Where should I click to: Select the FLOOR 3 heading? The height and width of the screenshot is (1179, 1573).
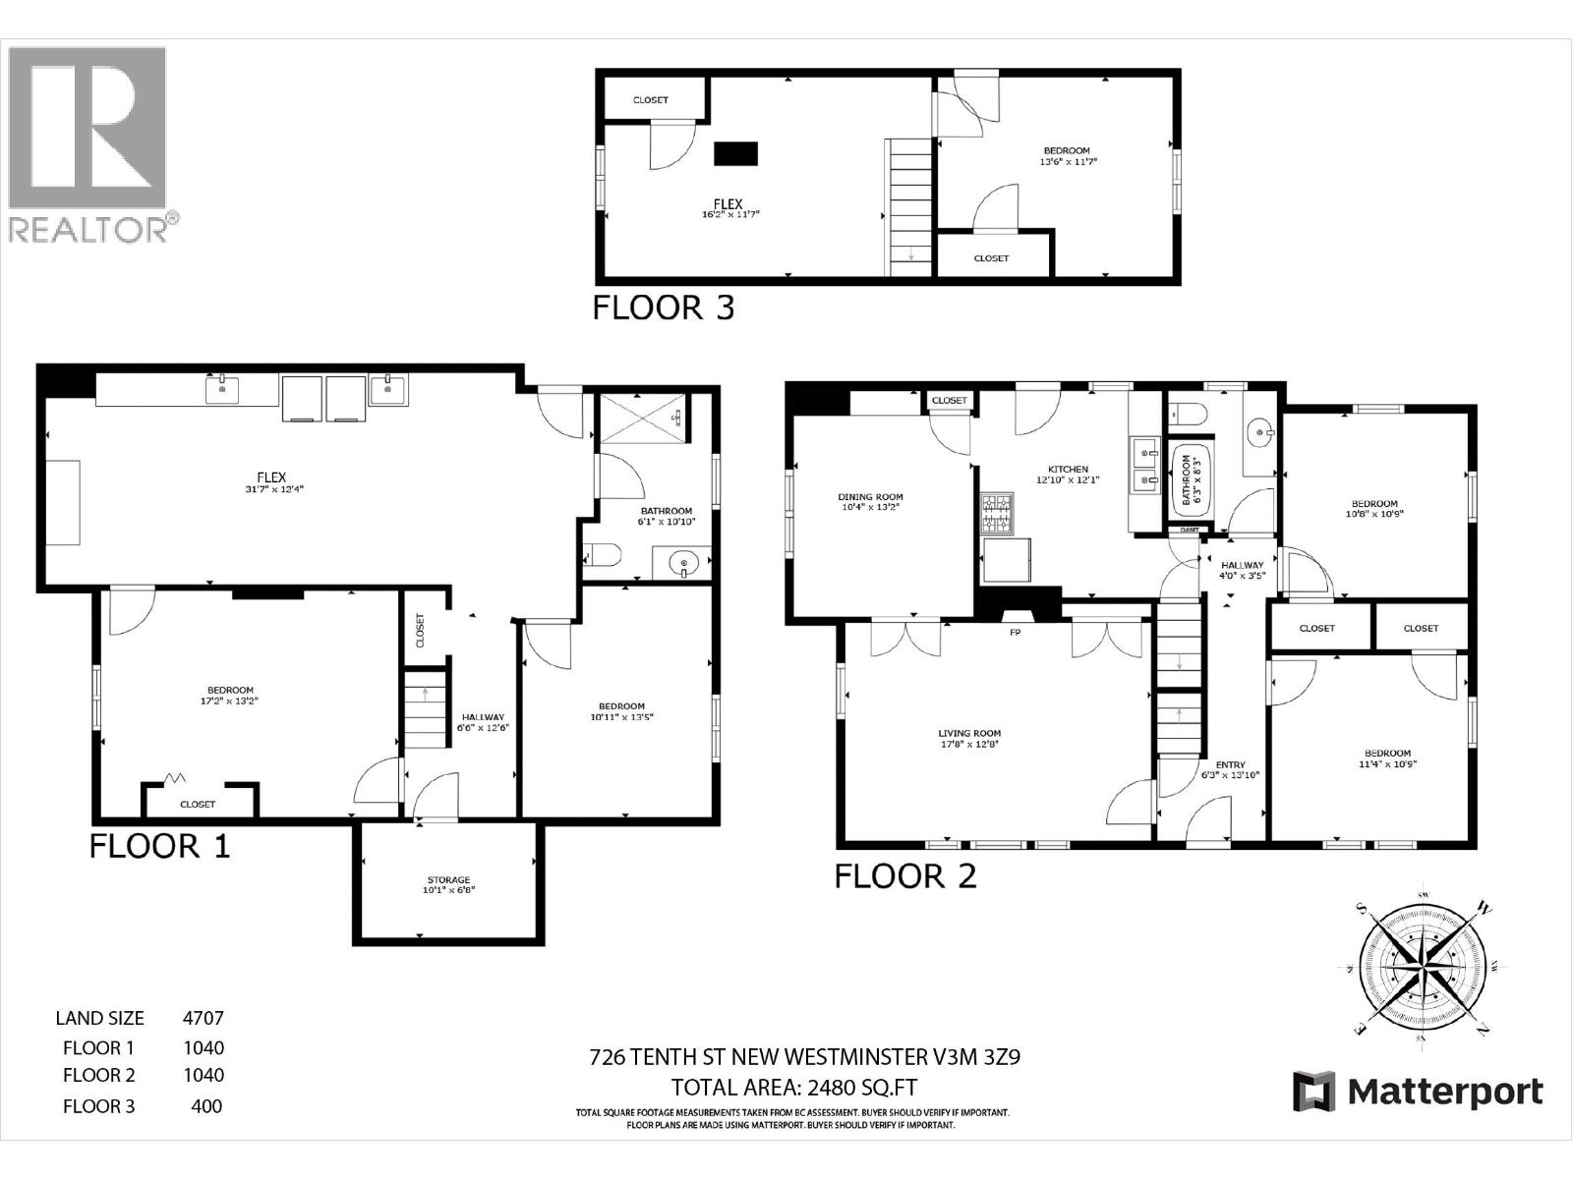tap(663, 308)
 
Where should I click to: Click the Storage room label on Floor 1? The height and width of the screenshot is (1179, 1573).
tap(448, 879)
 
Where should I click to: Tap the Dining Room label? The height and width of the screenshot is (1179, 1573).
tap(870, 497)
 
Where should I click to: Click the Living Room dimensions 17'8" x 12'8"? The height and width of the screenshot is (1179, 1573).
tap(968, 745)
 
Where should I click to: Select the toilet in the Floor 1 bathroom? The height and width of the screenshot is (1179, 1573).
tap(600, 556)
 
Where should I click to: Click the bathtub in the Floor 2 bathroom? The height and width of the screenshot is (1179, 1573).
tap(1187, 479)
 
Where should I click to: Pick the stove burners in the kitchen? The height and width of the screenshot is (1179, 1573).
tap(996, 512)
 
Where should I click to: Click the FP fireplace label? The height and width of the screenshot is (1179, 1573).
tap(1016, 633)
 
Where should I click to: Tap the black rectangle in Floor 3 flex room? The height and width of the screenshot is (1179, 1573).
tap(735, 153)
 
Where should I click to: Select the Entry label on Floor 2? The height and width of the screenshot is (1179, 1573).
tap(1230, 764)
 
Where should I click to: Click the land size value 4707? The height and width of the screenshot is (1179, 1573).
tap(204, 1018)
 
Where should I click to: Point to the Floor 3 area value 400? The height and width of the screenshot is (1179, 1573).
tap(206, 1106)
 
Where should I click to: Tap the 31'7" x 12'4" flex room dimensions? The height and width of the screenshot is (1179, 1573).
tap(271, 488)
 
